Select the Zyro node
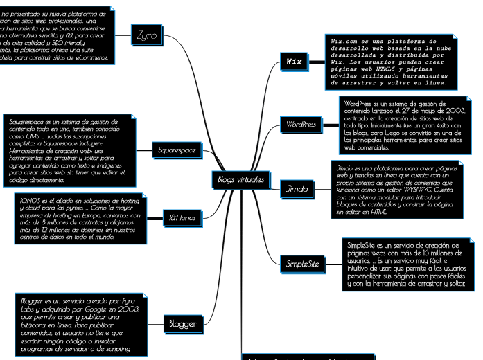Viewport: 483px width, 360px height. pyautogui.click(x=146, y=34)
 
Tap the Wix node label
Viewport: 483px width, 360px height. pyautogui.click(x=295, y=62)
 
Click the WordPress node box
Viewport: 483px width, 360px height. pyautogui.click(x=301, y=125)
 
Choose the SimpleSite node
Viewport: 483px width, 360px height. pyautogui.click(x=304, y=263)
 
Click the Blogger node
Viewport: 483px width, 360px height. pyautogui.click(x=182, y=323)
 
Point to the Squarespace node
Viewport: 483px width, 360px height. pyautogui.click(x=177, y=150)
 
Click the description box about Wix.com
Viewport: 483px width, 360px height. pyautogui.click(x=391, y=62)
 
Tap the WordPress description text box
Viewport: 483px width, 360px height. pyautogui.click(x=405, y=124)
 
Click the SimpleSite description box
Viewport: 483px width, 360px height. pyautogui.click(x=406, y=263)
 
